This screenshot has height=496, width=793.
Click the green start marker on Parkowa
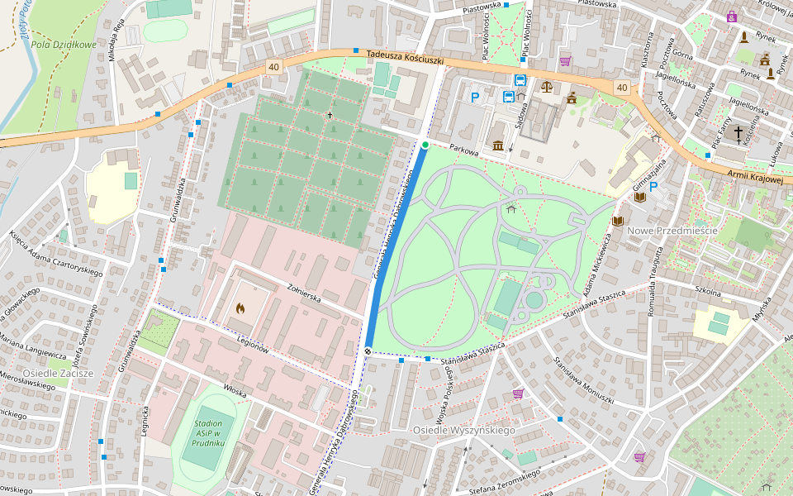point(425,145)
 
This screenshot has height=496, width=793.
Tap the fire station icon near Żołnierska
point(240,308)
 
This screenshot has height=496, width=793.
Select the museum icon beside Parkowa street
point(498,145)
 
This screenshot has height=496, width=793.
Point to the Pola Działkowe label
point(64,45)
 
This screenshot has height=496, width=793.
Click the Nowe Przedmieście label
point(672,230)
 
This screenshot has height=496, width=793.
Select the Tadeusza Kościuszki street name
point(406,59)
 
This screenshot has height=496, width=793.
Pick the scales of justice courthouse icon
point(546,85)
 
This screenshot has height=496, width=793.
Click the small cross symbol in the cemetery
point(330,115)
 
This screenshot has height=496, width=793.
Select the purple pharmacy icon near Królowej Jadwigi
point(732,17)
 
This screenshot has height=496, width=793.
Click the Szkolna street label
point(708,292)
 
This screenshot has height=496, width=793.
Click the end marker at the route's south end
point(368,351)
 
